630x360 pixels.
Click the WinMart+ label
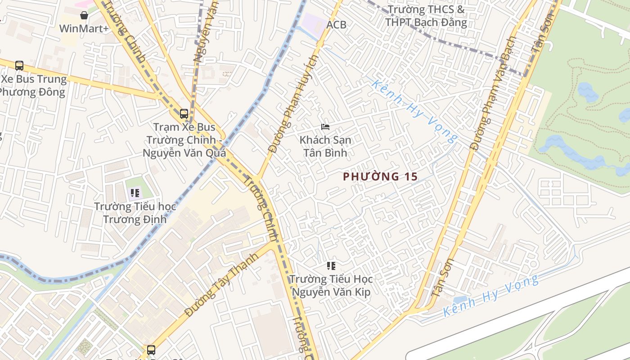[84, 29]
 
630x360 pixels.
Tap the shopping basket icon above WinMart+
[84, 15]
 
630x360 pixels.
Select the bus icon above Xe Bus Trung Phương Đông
[19, 66]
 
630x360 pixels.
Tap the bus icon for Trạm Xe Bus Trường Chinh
[184, 113]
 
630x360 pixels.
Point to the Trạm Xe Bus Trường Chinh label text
[184, 140]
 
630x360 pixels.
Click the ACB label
[337, 25]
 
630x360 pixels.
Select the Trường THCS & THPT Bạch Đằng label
[426, 16]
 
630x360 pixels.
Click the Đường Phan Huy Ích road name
[293, 104]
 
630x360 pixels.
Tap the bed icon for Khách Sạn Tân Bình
[325, 127]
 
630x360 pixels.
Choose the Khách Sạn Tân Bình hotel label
[325, 146]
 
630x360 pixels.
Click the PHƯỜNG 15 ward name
[381, 177]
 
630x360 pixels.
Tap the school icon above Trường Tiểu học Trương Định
[135, 193]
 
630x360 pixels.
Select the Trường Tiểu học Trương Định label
[135, 213]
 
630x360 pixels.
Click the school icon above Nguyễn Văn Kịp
[331, 266]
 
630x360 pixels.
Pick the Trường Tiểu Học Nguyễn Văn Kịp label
[331, 285]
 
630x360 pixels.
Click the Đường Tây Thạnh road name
[221, 284]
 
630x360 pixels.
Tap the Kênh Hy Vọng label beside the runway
[490, 296]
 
